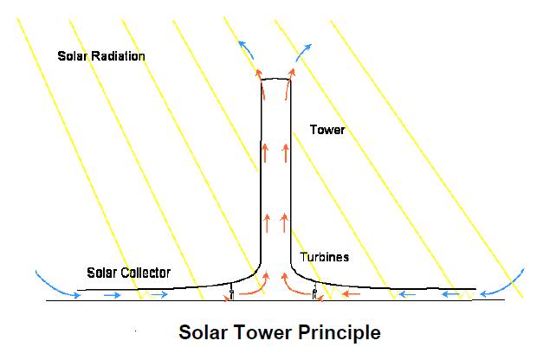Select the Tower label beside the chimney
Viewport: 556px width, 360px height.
pyautogui.click(x=327, y=131)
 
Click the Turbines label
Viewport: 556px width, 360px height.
pyautogui.click(x=325, y=258)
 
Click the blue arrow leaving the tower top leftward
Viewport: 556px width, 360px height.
pyautogui.click(x=249, y=48)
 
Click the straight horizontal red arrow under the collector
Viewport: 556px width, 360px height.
pyautogui.click(x=352, y=295)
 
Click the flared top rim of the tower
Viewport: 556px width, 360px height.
pyautogui.click(x=276, y=78)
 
